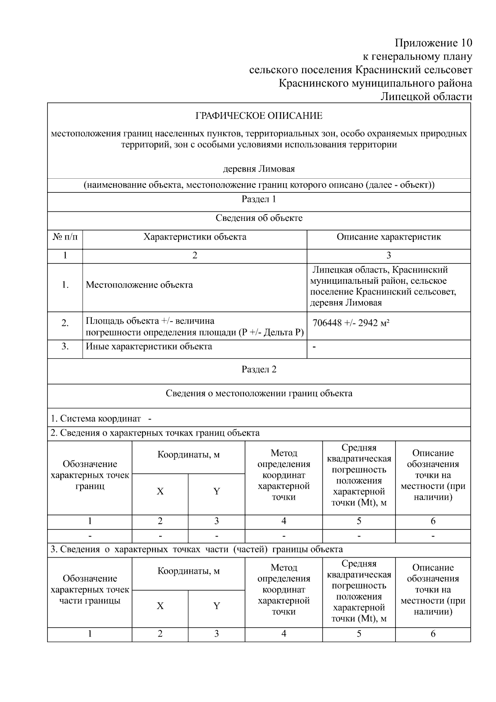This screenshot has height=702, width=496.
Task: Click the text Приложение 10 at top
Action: pyautogui.click(x=433, y=43)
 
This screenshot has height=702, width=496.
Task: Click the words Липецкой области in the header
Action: pyautogui.click(x=426, y=97)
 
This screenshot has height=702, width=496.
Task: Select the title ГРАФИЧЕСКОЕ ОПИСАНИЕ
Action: pyautogui.click(x=259, y=116)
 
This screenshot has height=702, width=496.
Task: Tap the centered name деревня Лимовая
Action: pyautogui.click(x=259, y=169)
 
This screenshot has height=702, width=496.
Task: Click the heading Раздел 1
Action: pyautogui.click(x=259, y=199)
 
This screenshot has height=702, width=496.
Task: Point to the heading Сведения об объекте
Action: pyautogui.click(x=259, y=218)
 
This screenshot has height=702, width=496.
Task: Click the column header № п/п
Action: pyautogui.click(x=65, y=237)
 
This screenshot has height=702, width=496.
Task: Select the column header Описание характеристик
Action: pyautogui.click(x=388, y=237)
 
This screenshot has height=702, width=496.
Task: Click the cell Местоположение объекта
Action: pyautogui.click(x=139, y=285)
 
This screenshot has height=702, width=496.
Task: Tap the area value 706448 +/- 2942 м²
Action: pyautogui.click(x=351, y=323)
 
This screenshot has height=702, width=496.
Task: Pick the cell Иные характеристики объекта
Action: pyautogui.click(x=149, y=347)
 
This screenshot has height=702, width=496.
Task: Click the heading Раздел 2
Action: pyautogui.click(x=259, y=370)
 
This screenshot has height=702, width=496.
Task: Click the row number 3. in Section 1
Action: pyautogui.click(x=65, y=347)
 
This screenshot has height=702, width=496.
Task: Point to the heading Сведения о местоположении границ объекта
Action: pyautogui.click(x=259, y=393)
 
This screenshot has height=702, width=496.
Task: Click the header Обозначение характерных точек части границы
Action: pyautogui.click(x=90, y=590)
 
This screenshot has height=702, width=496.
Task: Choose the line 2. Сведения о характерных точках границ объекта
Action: pyautogui.click(x=155, y=433)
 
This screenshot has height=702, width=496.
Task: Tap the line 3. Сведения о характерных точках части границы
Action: pyautogui.click(x=196, y=549)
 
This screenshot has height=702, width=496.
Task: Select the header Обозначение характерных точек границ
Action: pyautogui.click(x=90, y=475)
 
